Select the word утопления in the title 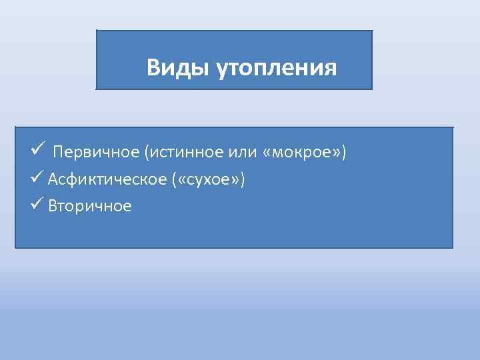(x=277, y=69)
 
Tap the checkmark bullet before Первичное (x=37, y=150)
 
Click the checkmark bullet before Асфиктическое (x=37, y=178)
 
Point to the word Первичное (x=96, y=152)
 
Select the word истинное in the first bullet (x=177, y=152)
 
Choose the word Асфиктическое (x=99, y=179)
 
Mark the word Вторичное (x=90, y=207)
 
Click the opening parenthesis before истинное (x=145, y=152)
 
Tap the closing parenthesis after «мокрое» (x=344, y=152)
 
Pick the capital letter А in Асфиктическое (x=53, y=179)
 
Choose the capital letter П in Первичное (x=59, y=152)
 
